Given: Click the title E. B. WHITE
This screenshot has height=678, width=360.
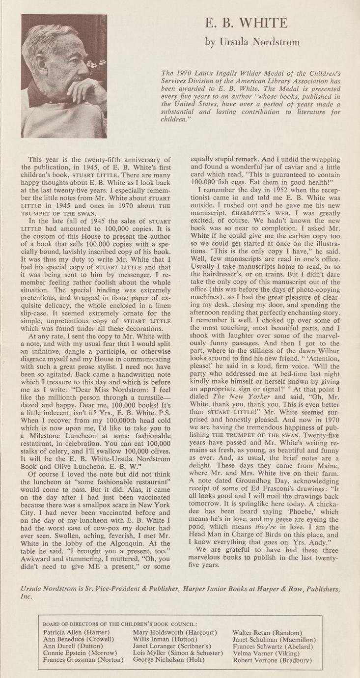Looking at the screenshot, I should tap(252, 23).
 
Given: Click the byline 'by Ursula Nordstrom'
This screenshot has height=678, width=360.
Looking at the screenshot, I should tap(252, 42).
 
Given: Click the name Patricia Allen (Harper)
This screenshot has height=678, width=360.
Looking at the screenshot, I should tap(76, 632).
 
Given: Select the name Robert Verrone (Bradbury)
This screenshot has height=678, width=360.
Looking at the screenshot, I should tap(272, 660).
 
